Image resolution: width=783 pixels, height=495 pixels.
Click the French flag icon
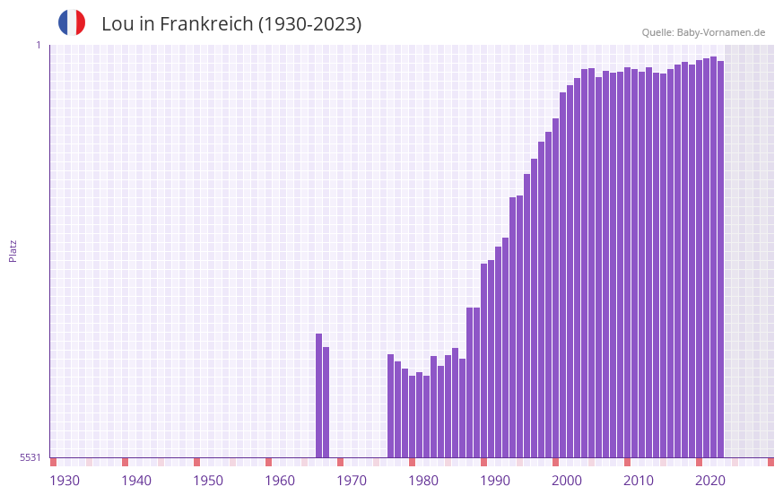pyautogui.click(x=72, y=22)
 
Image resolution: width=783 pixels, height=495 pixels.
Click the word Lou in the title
pyautogui.click(x=117, y=24)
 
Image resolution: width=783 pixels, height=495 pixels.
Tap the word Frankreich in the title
pyautogui.click(x=205, y=24)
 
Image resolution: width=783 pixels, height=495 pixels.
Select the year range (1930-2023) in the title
pyautogui.click(x=309, y=24)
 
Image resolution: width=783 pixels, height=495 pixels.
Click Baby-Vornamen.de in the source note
pyautogui.click(x=721, y=32)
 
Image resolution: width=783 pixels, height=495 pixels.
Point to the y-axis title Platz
pyautogui.click(x=13, y=250)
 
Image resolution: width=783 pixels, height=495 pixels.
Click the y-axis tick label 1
pyautogui.click(x=38, y=45)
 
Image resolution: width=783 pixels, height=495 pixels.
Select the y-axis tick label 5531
pyautogui.click(x=30, y=457)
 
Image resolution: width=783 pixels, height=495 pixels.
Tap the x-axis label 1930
pyautogui.click(x=65, y=481)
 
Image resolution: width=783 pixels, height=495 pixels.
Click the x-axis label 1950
pyautogui.click(x=208, y=481)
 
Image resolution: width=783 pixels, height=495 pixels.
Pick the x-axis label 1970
pyautogui.click(x=352, y=481)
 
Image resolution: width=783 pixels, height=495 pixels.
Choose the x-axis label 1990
pyautogui.click(x=495, y=481)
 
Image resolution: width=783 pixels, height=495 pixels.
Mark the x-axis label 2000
pyautogui.click(x=567, y=481)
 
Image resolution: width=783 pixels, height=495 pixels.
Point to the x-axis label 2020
pyautogui.click(x=710, y=481)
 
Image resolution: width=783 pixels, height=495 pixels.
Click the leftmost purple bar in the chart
pyautogui.click(x=318, y=395)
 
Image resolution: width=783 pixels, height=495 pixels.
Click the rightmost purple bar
pyautogui.click(x=720, y=259)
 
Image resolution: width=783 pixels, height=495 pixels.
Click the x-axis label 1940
pyautogui.click(x=136, y=481)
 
